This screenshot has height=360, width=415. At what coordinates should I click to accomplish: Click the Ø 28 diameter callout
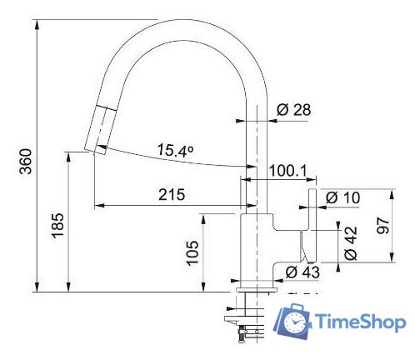point(292,108)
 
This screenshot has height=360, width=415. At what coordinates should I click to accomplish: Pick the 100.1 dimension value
point(288,172)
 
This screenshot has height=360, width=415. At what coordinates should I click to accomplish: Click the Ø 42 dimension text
point(351,242)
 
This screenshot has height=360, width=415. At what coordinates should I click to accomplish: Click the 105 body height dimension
point(192,252)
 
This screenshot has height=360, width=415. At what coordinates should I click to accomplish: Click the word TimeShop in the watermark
point(360,322)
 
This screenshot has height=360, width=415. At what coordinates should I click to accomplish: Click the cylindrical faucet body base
point(257,250)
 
